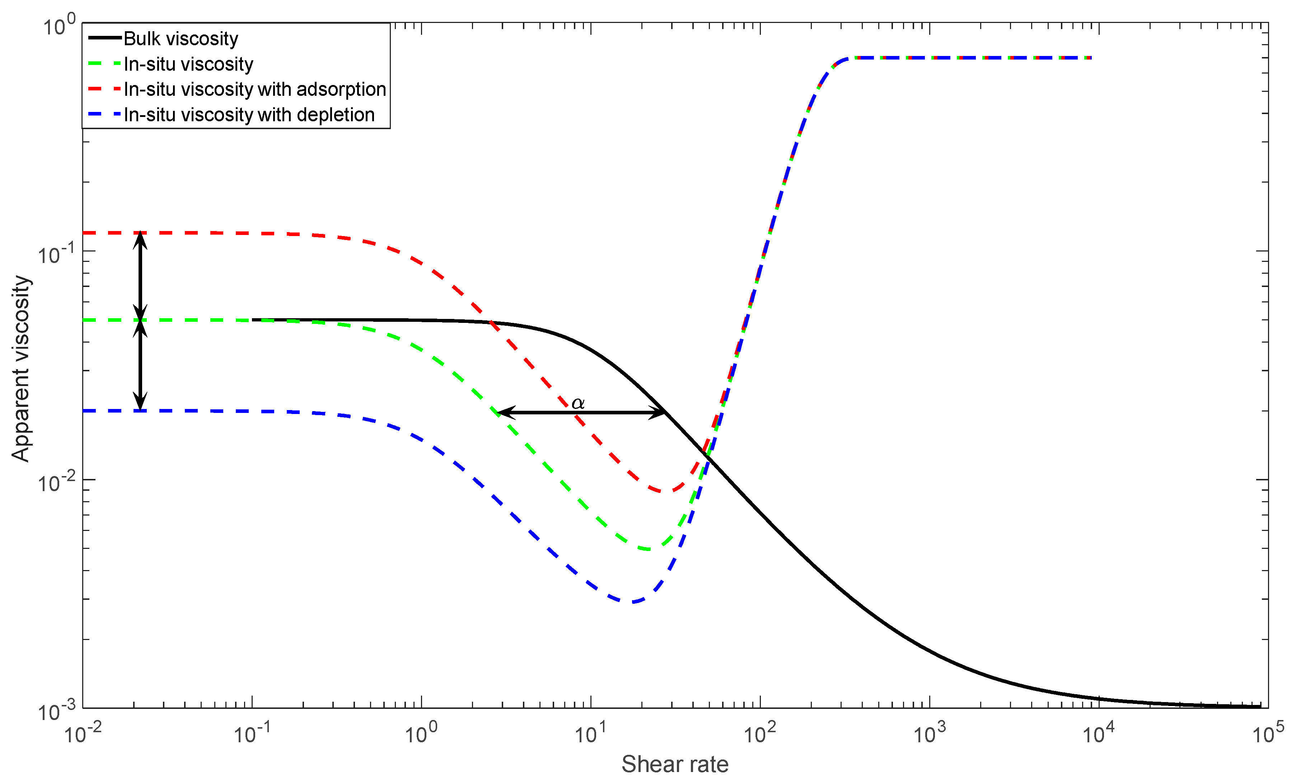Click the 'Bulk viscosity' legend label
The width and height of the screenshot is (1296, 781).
click(181, 39)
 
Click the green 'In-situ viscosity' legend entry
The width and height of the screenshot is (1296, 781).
click(188, 65)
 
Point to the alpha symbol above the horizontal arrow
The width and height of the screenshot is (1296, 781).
click(577, 403)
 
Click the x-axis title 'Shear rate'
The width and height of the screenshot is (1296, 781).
click(675, 764)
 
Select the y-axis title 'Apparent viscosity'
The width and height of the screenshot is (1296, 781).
click(21, 368)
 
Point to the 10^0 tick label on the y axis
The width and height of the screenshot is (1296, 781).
click(59, 25)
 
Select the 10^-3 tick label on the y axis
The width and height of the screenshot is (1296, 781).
click(56, 711)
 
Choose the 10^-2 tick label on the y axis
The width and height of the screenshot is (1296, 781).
click(56, 483)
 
